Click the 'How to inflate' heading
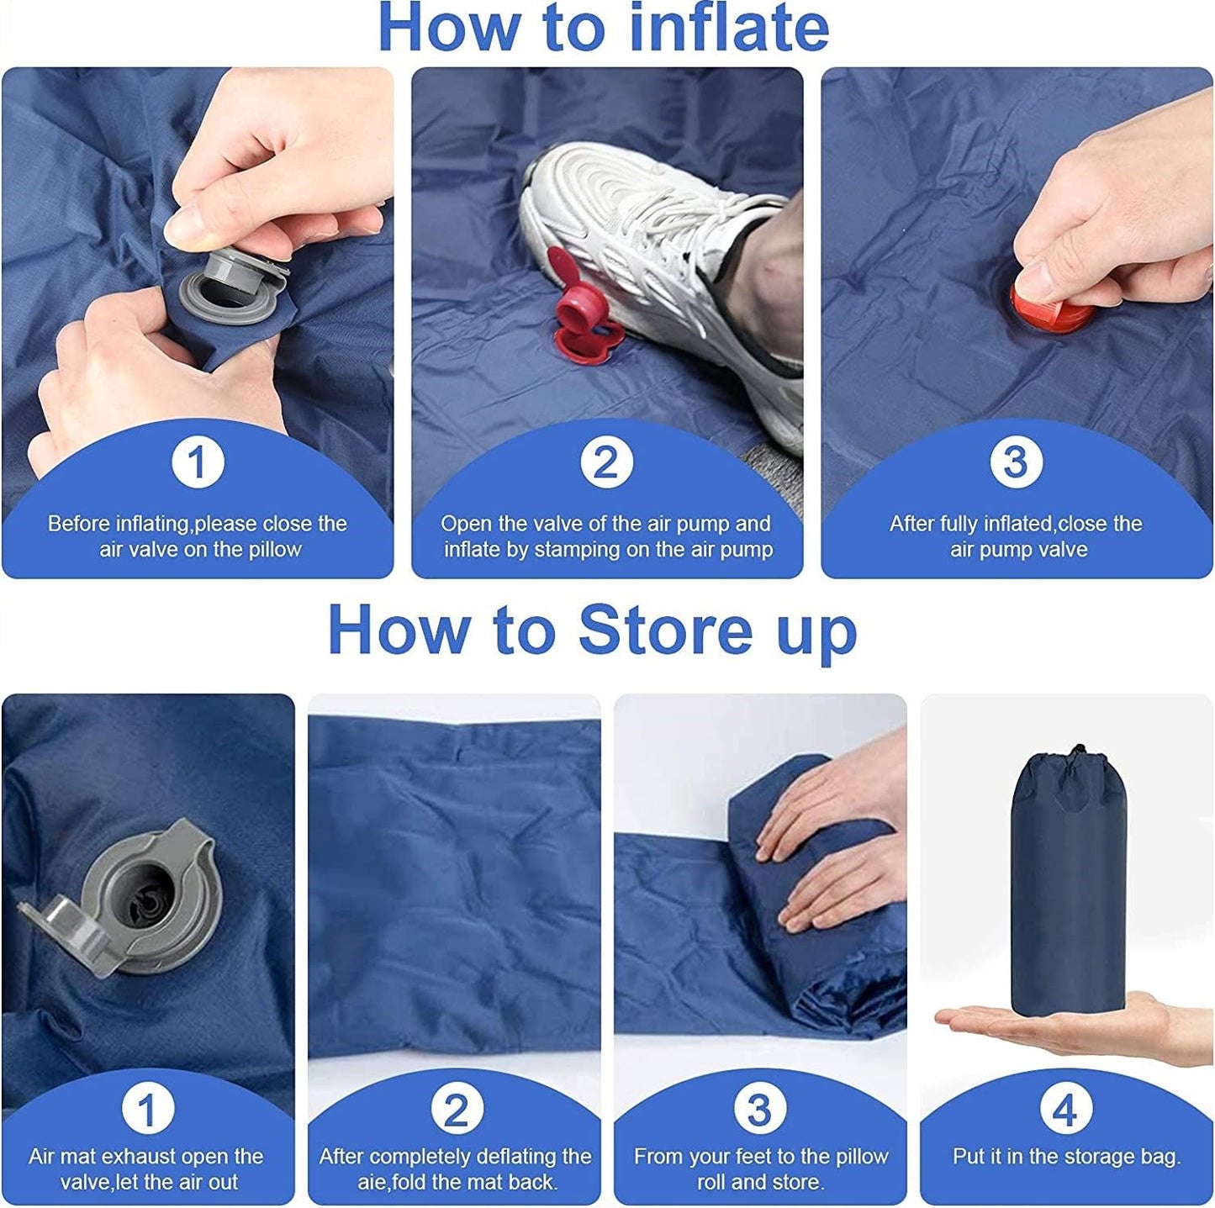click(x=604, y=29)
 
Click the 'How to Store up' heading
click(x=592, y=630)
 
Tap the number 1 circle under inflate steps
click(x=198, y=462)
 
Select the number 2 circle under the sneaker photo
click(x=605, y=462)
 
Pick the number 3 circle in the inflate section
click(x=1016, y=462)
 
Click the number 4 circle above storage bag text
click(x=1065, y=1109)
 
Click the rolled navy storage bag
click(x=1068, y=891)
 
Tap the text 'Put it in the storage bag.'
click(x=1066, y=1157)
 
